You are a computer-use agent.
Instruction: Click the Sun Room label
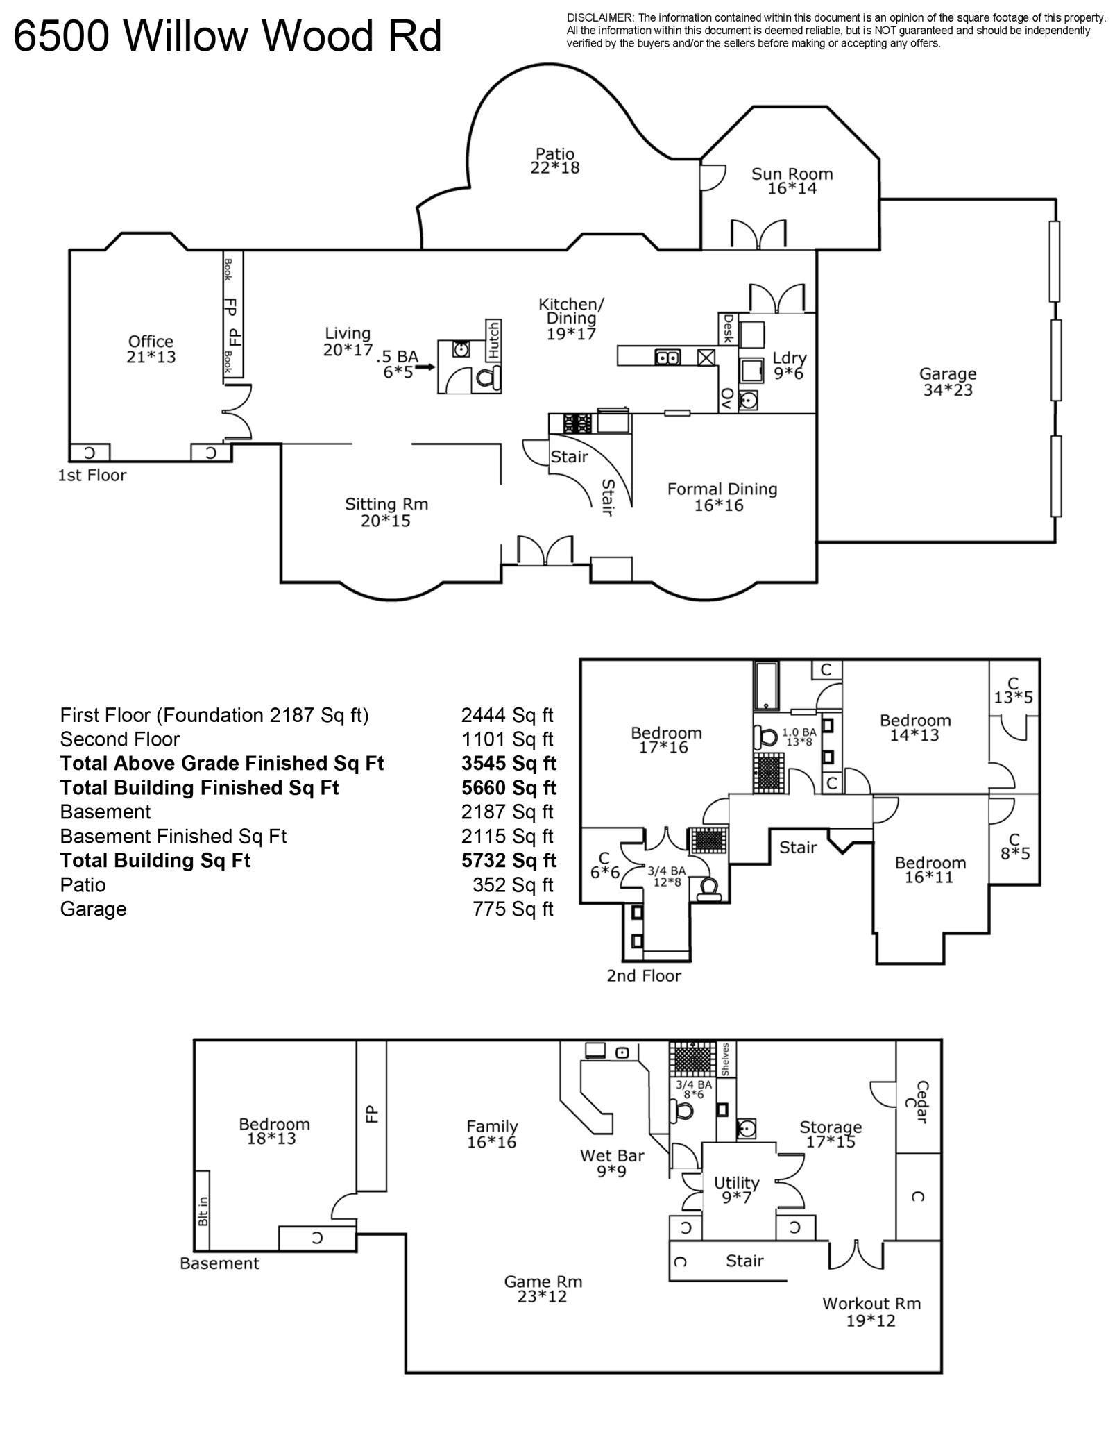tap(792, 181)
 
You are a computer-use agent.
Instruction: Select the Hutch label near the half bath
tap(493, 339)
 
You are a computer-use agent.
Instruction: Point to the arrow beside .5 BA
tap(425, 366)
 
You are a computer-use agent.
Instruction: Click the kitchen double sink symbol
tap(667, 357)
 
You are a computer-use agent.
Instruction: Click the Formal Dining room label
tap(722, 496)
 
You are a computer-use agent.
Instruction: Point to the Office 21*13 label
tap(151, 349)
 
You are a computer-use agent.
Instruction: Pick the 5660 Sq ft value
tap(509, 787)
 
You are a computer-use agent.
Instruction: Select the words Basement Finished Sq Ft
tap(173, 836)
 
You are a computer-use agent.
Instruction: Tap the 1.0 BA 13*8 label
tap(799, 737)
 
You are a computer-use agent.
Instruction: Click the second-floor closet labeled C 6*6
tap(604, 866)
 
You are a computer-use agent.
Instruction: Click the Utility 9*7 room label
tap(736, 1189)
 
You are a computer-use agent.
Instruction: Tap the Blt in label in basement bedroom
tap(203, 1210)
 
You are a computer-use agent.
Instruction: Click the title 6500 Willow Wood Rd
tap(228, 36)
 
